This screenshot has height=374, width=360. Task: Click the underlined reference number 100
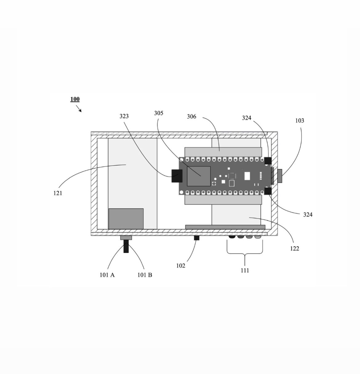pos(75,99)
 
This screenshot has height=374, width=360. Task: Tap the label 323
pos(124,116)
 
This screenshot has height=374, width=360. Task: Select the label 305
pos(158,113)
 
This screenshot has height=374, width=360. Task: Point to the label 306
pos(192,116)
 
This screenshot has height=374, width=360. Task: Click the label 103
pos(300,121)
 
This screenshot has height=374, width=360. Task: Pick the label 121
pos(58,193)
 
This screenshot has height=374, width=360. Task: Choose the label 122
pos(294,249)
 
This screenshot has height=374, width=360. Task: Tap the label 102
pos(181,266)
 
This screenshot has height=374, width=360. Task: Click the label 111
pos(245,271)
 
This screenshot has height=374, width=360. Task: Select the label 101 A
pos(107,275)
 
